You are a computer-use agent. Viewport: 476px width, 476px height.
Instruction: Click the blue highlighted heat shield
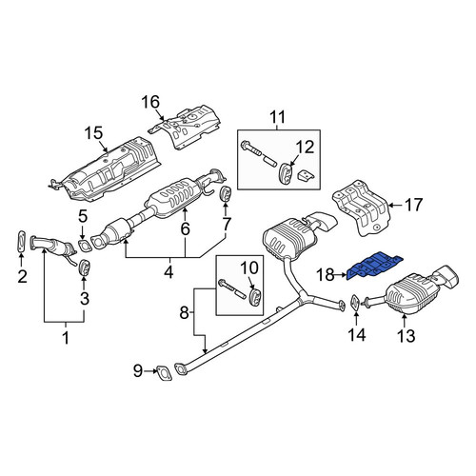[x=374, y=266]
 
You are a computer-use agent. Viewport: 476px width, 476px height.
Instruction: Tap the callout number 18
[x=326, y=275]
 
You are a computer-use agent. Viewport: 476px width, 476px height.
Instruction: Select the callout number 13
[x=407, y=336]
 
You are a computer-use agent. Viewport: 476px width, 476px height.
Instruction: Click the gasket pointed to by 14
[x=355, y=303]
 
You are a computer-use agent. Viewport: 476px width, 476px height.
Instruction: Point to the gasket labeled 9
[x=164, y=373]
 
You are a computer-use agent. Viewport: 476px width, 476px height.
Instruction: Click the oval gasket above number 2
[x=21, y=242]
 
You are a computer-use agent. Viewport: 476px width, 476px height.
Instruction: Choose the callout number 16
[x=150, y=102]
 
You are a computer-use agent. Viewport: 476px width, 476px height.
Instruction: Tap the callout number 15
[x=93, y=133]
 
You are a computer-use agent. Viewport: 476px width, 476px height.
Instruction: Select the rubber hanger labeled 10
[x=255, y=297]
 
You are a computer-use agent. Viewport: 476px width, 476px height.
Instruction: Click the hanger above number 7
[x=226, y=194]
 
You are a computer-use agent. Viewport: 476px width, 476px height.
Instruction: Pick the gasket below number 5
[x=85, y=247]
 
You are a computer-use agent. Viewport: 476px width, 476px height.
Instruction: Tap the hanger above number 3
[x=84, y=268]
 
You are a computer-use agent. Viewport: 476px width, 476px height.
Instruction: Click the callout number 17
[x=414, y=205]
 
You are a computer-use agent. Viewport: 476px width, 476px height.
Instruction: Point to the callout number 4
[x=169, y=272]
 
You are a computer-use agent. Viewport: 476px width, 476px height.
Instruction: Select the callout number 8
[x=184, y=313]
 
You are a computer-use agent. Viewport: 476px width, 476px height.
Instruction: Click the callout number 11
[x=278, y=117]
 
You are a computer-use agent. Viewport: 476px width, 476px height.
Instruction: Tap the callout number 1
[x=66, y=338]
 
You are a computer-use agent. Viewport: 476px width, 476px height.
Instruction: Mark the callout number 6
[x=185, y=228]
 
